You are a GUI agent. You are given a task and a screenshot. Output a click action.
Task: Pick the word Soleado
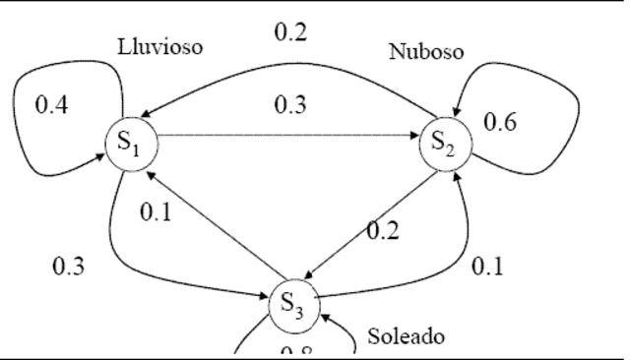coord(405,335)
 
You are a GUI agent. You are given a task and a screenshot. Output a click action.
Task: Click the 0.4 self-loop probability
coord(51,105)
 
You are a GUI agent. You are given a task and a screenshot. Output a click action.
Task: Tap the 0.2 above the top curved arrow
coord(290,32)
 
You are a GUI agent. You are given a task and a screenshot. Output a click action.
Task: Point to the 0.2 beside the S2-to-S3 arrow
coord(382,231)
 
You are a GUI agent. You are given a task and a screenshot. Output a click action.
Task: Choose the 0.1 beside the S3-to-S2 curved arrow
coord(488,267)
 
